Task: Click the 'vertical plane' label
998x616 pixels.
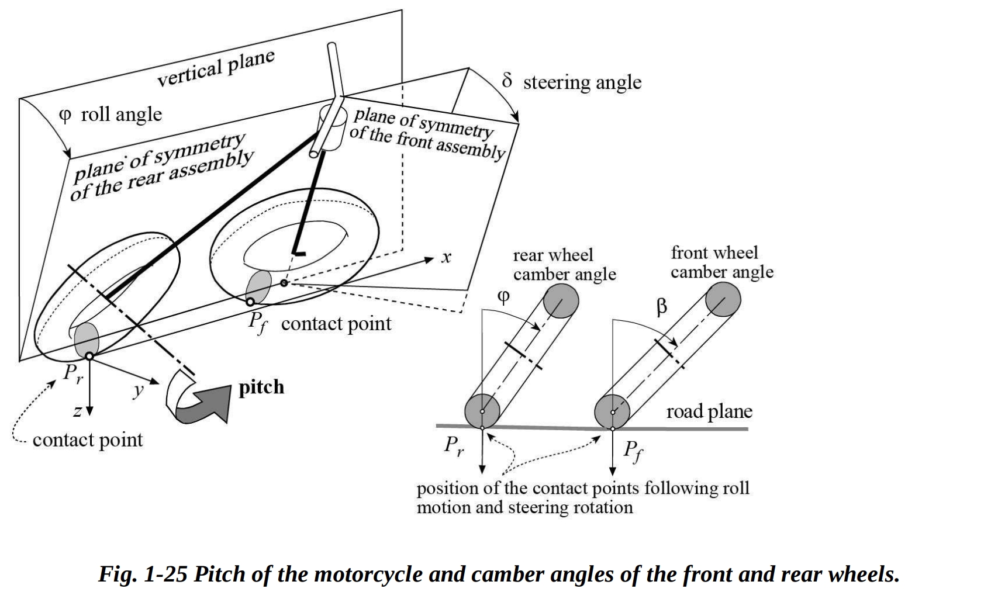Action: tap(216, 68)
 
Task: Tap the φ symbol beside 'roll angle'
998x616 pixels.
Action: tap(65, 115)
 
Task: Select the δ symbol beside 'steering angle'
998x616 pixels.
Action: tap(507, 81)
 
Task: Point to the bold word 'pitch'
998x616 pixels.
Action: tap(261, 387)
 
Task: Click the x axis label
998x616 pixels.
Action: tap(446, 257)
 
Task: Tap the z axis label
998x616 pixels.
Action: tap(77, 411)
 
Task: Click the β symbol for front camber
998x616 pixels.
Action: tap(661, 306)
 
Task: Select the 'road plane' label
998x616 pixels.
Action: tap(709, 411)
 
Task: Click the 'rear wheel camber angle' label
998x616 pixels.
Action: tap(564, 264)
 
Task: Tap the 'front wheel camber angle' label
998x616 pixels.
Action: tap(721, 262)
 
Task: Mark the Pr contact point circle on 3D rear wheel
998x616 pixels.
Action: tap(89, 355)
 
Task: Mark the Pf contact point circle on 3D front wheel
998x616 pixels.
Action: tap(250, 302)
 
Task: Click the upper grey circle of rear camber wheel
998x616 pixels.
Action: tap(561, 302)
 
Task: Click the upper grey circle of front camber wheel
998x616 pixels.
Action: tap(723, 300)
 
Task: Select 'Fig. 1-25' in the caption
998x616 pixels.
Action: tap(143, 575)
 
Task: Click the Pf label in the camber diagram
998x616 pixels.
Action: tap(633, 451)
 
